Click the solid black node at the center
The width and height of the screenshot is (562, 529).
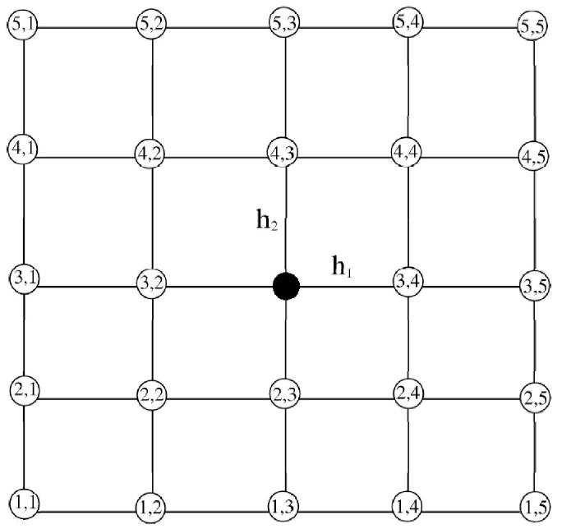click(x=286, y=287)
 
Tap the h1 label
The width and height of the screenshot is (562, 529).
click(x=343, y=266)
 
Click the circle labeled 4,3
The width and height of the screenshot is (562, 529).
click(x=283, y=152)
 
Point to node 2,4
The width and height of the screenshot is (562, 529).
click(x=409, y=392)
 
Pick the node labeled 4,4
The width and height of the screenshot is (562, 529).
click(x=409, y=151)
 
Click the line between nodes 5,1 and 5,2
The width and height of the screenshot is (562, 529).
click(x=88, y=26)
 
